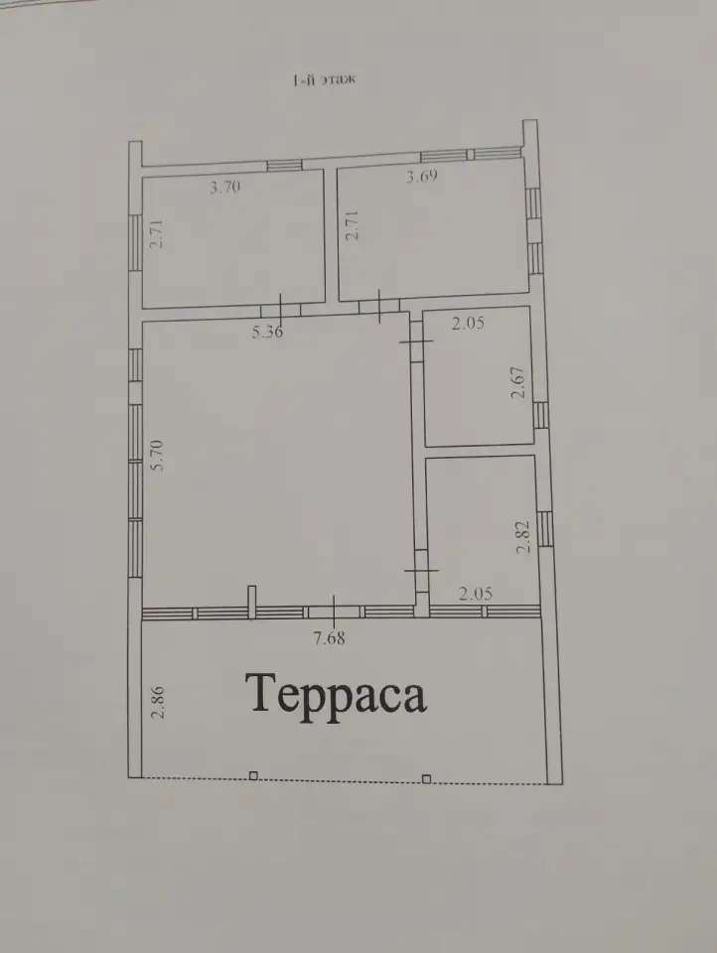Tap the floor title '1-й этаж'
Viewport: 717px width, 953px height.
pos(324,79)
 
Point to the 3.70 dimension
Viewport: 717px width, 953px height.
pos(225,187)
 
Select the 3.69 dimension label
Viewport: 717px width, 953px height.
pos(422,177)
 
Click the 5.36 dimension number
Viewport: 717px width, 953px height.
pos(268,332)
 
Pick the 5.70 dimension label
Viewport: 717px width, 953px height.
pos(158,456)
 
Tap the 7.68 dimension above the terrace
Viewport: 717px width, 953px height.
pos(329,637)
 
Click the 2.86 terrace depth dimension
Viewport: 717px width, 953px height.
pos(158,702)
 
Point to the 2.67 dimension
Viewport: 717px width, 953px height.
pos(518,382)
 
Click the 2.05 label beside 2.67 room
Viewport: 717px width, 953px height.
pos(469,323)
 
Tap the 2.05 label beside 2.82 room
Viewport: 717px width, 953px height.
pos(476,594)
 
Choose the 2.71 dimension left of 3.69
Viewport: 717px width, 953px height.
pos(352,225)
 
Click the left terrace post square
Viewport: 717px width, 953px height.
pos(253,775)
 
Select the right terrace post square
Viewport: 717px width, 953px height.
pos(426,778)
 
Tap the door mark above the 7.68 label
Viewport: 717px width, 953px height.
pos(335,613)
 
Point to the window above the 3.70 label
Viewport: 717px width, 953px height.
pos(284,165)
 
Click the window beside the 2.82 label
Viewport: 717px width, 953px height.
pos(545,529)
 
